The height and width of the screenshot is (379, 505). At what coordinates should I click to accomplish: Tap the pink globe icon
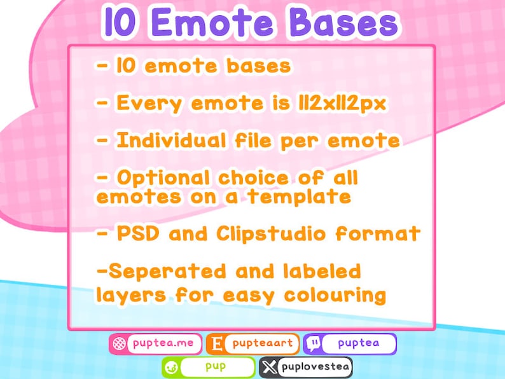pyautogui.click(x=118, y=344)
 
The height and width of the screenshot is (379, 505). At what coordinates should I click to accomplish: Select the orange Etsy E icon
pyautogui.click(x=216, y=344)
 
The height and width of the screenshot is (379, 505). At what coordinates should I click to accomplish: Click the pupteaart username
pyautogui.click(x=262, y=344)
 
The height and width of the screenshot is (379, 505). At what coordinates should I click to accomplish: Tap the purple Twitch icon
pyautogui.click(x=314, y=344)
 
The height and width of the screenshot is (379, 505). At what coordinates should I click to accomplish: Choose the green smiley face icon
pyautogui.click(x=171, y=367)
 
